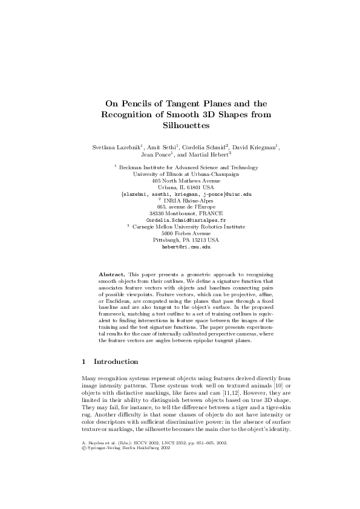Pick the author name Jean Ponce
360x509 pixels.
pyautogui.click(x=155, y=156)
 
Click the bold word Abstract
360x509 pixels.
pyautogui.click(x=112, y=274)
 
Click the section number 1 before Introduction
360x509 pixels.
pyautogui.click(x=83, y=361)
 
